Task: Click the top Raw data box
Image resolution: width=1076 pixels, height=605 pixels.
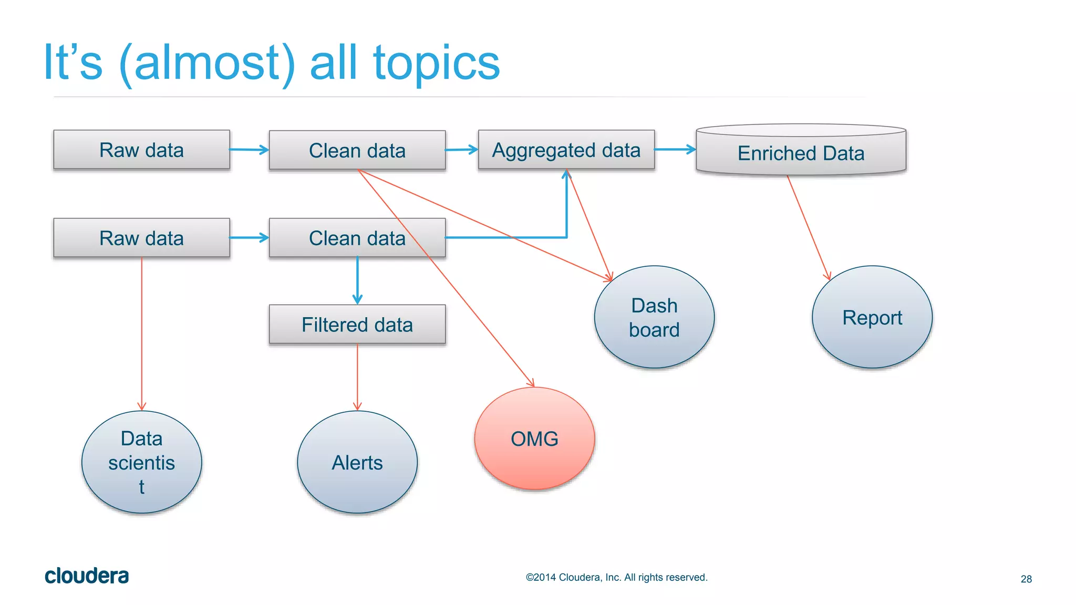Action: point(141,150)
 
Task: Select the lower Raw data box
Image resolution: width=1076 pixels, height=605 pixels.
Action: point(141,238)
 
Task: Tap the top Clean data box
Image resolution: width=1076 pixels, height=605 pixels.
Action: point(357,150)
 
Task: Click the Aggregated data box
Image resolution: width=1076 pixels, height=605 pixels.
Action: point(566,150)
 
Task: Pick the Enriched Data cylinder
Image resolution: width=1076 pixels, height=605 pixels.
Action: point(801,153)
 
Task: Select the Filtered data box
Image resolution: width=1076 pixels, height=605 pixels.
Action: point(357,325)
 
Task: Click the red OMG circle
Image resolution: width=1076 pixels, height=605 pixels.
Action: point(534,439)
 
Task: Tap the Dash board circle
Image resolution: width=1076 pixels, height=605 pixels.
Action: point(654,317)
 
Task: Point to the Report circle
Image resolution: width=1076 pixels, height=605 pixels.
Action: point(872,317)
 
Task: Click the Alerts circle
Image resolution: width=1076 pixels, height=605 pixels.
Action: point(357,462)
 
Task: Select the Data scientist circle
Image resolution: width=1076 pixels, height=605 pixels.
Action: point(141,462)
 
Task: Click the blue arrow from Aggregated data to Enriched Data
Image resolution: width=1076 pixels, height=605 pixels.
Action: point(675,150)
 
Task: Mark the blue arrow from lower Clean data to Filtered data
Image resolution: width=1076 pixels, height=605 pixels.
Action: point(357,280)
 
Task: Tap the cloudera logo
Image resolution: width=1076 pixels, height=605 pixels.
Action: point(87,576)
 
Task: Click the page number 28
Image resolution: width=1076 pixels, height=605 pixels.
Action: point(1026,579)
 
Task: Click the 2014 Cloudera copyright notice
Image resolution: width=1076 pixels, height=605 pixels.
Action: point(616,577)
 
